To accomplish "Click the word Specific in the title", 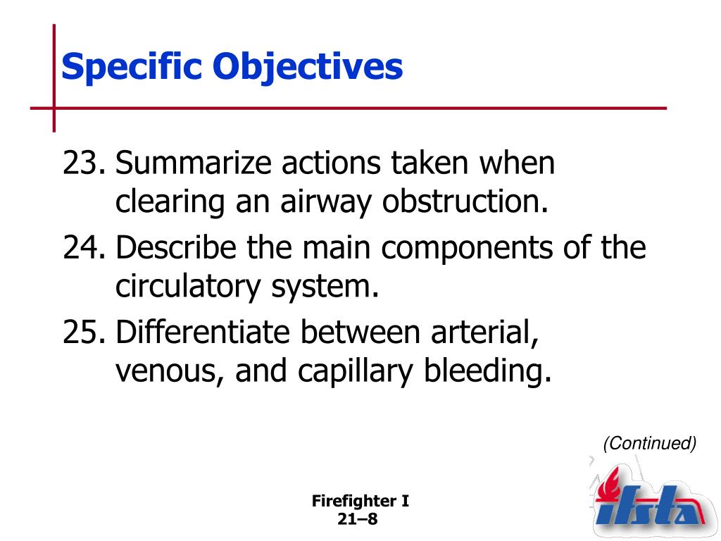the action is (x=131, y=67).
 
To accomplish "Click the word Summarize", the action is (x=193, y=163).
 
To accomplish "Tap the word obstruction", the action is (x=465, y=201).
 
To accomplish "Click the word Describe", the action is (x=175, y=247).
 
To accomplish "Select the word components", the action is (x=467, y=249).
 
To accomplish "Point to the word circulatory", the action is (x=187, y=287).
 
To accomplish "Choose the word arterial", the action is (x=484, y=332).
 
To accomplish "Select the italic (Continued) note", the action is (x=649, y=443).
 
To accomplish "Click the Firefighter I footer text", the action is (x=360, y=501).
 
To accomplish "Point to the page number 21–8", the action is (x=357, y=519).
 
